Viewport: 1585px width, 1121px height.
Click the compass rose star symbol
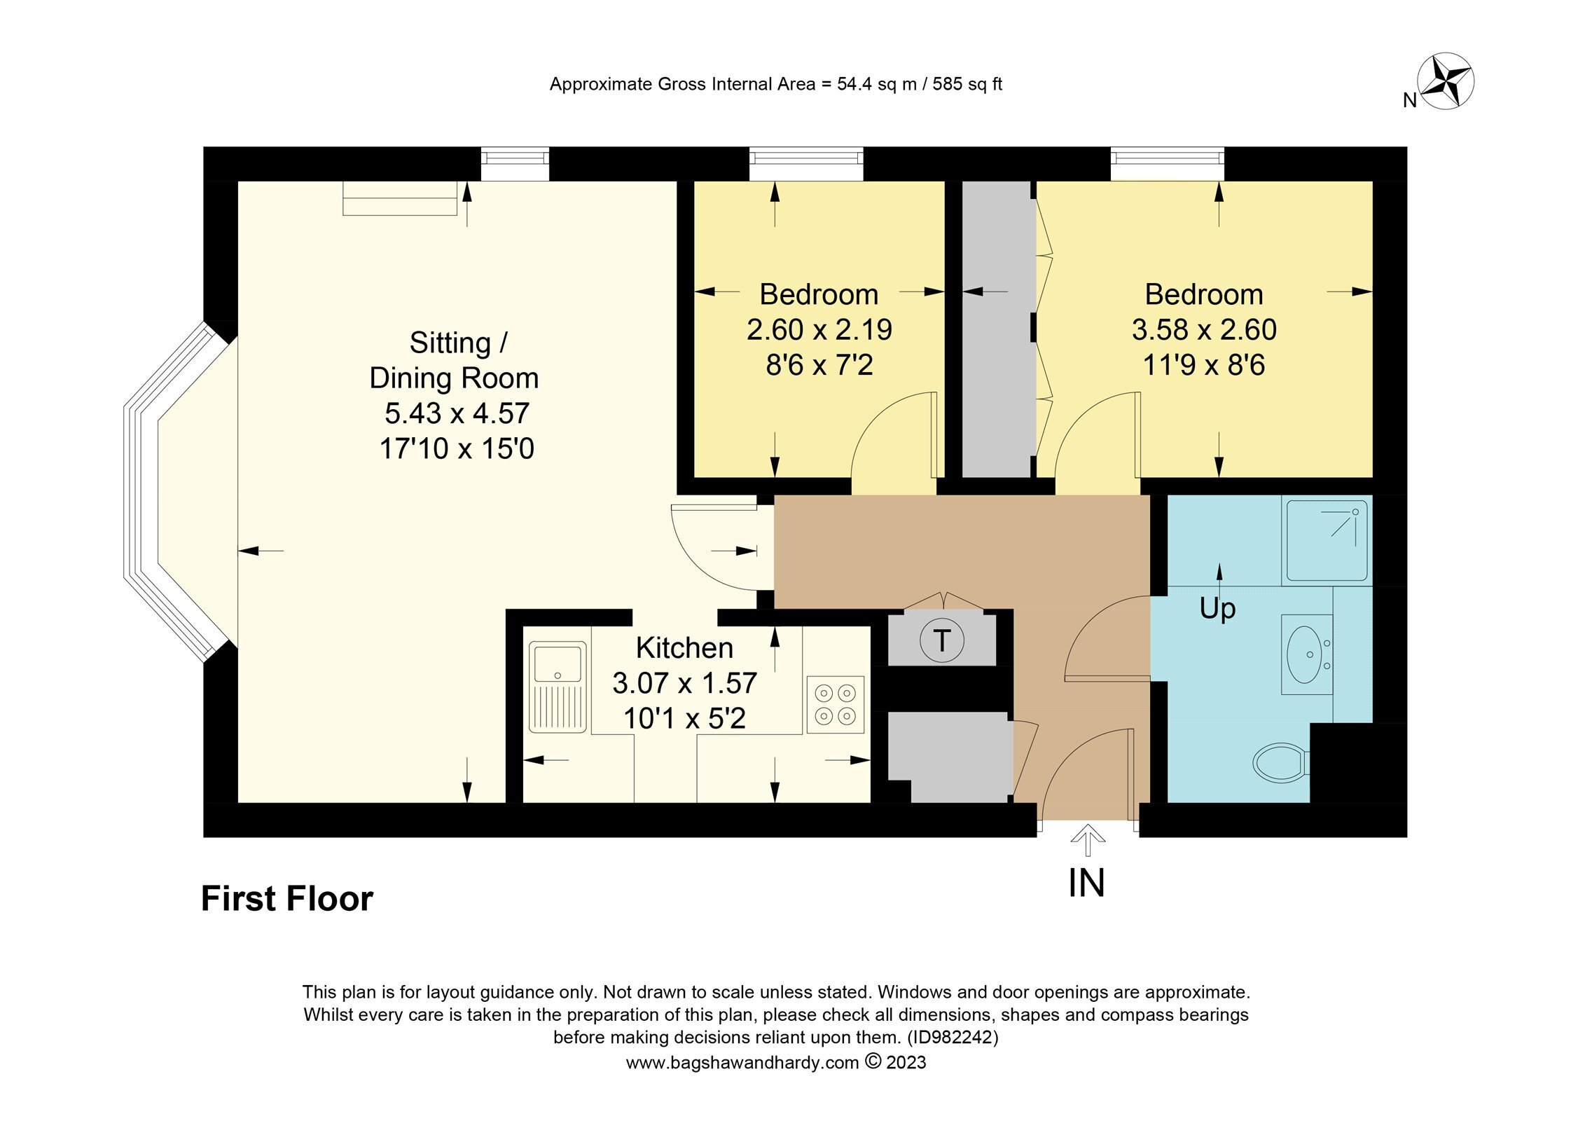point(1446,81)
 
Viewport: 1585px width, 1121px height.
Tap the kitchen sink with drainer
point(558,687)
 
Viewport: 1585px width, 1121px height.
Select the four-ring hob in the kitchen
point(835,704)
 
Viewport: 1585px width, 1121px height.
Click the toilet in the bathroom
point(1281,763)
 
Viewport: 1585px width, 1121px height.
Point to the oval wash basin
point(1307,654)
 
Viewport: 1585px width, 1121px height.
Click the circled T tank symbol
point(942,640)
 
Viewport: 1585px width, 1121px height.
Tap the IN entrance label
point(1086,883)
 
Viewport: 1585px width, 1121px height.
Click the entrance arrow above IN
point(1088,841)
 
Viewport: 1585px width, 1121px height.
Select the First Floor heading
point(287,899)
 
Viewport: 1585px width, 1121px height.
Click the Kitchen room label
point(684,648)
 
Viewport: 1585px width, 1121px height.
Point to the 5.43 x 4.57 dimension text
point(457,413)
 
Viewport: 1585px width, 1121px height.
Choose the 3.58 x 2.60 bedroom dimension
point(1204,329)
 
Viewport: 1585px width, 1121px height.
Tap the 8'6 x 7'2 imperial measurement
point(819,365)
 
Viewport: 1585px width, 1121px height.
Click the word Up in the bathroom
point(1217,609)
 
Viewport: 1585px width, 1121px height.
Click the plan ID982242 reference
point(953,1037)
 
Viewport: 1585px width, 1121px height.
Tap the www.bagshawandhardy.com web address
point(742,1063)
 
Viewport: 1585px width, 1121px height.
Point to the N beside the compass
point(1410,101)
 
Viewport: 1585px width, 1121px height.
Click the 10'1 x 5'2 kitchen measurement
point(684,719)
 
